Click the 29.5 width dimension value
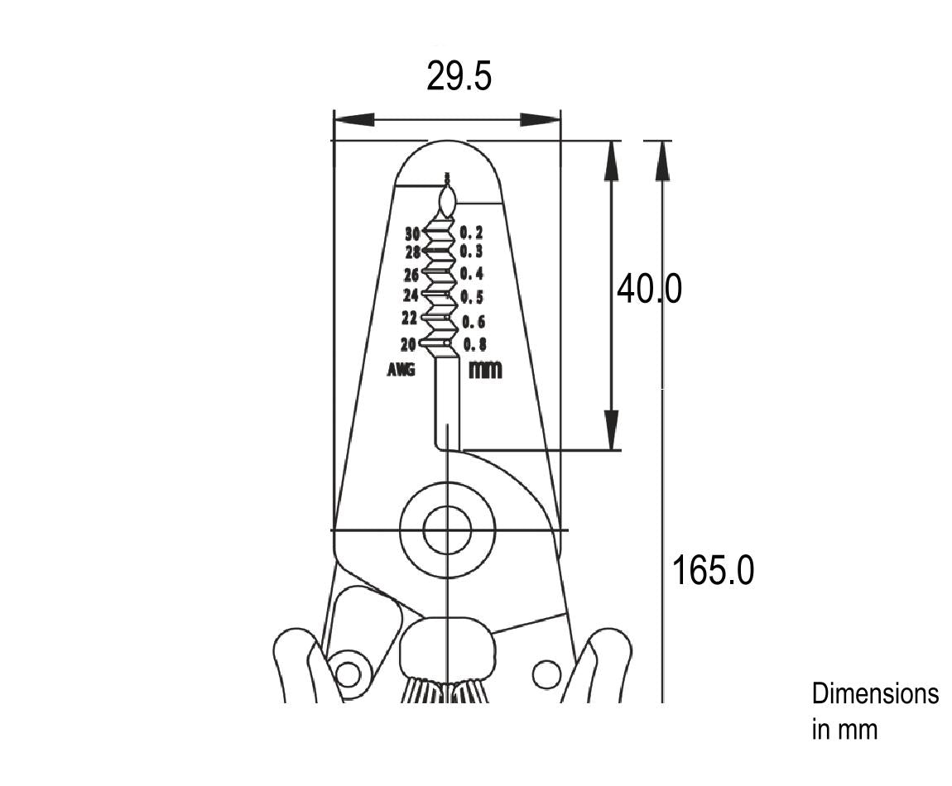(x=459, y=76)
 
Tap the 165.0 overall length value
(x=714, y=571)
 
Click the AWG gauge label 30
(x=413, y=233)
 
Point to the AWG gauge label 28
(x=413, y=252)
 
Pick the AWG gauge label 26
(x=411, y=275)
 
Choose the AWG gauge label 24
(x=411, y=295)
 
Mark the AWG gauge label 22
(x=409, y=318)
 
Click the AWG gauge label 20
(x=408, y=344)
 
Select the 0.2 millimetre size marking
(x=471, y=232)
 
